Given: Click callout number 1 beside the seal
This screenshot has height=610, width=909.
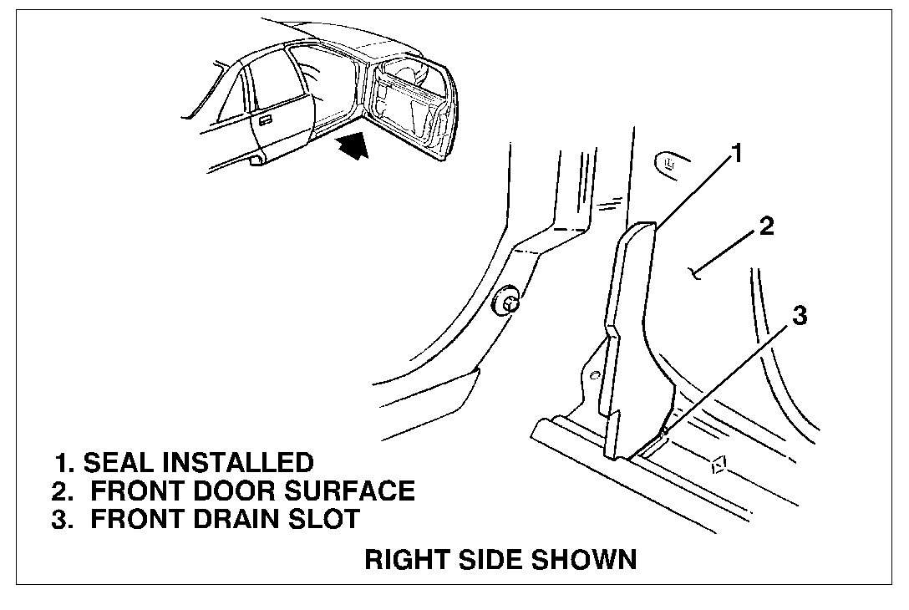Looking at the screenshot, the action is [x=736, y=154].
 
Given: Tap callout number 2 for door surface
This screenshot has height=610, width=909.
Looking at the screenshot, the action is [x=766, y=226].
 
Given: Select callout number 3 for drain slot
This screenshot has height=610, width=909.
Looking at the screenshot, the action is [x=800, y=316].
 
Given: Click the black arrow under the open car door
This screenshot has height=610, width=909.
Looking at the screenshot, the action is [x=353, y=145].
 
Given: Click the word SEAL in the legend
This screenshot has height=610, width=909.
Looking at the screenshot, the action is [x=118, y=463].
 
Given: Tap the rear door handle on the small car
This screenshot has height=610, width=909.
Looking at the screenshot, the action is [x=265, y=120].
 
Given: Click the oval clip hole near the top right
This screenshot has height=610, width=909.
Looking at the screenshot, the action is [x=673, y=163].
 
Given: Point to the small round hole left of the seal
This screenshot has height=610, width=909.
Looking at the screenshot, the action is [x=594, y=375].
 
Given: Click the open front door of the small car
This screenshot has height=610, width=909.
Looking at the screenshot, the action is [x=412, y=107].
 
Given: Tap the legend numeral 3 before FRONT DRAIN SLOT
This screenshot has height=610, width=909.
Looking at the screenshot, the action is [x=59, y=518].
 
